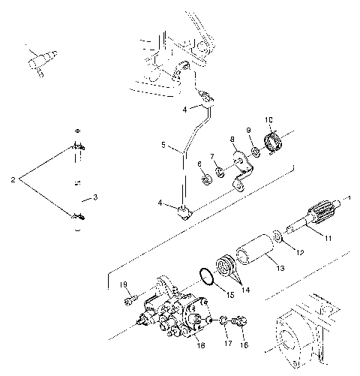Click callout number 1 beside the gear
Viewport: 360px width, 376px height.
[x=347, y=198]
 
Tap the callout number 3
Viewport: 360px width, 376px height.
[x=94, y=197]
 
